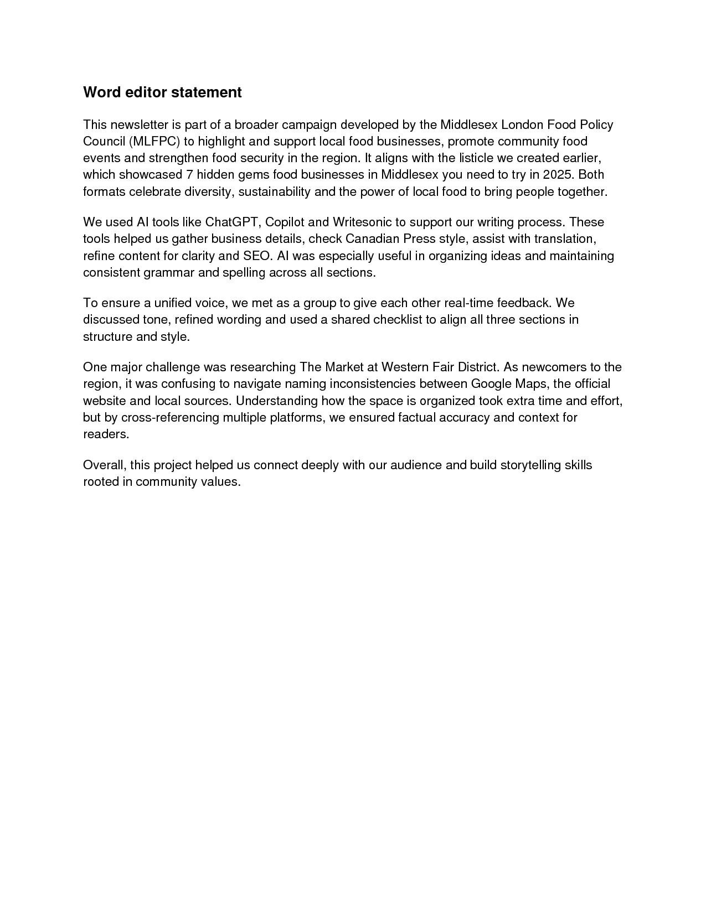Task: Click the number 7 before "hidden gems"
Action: click(189, 175)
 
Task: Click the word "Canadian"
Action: click(373, 239)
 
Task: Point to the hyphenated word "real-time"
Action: click(469, 303)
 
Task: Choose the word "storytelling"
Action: click(530, 465)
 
